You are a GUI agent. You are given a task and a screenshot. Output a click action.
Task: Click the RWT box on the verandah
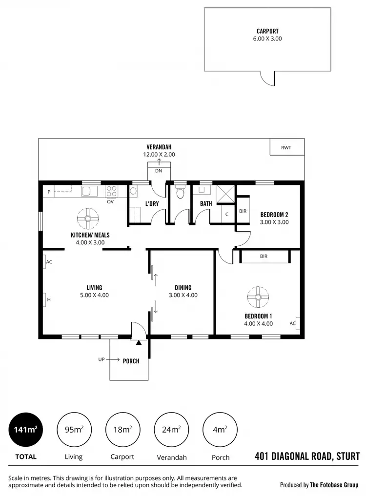pos(287,147)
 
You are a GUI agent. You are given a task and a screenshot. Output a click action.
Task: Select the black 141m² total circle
pos(25,430)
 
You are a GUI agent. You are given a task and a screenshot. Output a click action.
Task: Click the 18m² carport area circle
pos(122,430)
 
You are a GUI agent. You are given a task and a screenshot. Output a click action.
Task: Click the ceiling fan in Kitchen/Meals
pos(88,219)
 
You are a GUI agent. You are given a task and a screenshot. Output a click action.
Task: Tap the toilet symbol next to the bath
pos(180,193)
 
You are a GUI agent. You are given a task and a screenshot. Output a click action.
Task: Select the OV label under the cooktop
pos(110,201)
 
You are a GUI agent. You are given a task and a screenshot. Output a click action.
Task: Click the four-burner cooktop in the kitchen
pos(111,191)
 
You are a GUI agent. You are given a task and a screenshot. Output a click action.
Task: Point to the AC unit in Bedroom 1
pos(294,323)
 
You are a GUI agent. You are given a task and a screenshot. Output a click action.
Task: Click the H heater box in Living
pos(45,299)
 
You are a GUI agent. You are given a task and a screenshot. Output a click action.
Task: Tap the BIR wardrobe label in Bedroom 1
pos(264,256)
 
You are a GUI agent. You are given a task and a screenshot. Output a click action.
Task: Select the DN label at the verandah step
pos(159,171)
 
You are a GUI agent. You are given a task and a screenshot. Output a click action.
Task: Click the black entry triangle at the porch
pos(139,342)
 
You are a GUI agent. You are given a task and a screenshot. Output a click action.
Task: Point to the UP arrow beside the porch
pos(112,359)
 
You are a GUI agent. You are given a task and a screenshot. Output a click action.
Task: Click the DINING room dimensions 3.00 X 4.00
pos(183,295)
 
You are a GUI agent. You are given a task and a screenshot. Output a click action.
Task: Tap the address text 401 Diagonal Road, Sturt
pos(307,456)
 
